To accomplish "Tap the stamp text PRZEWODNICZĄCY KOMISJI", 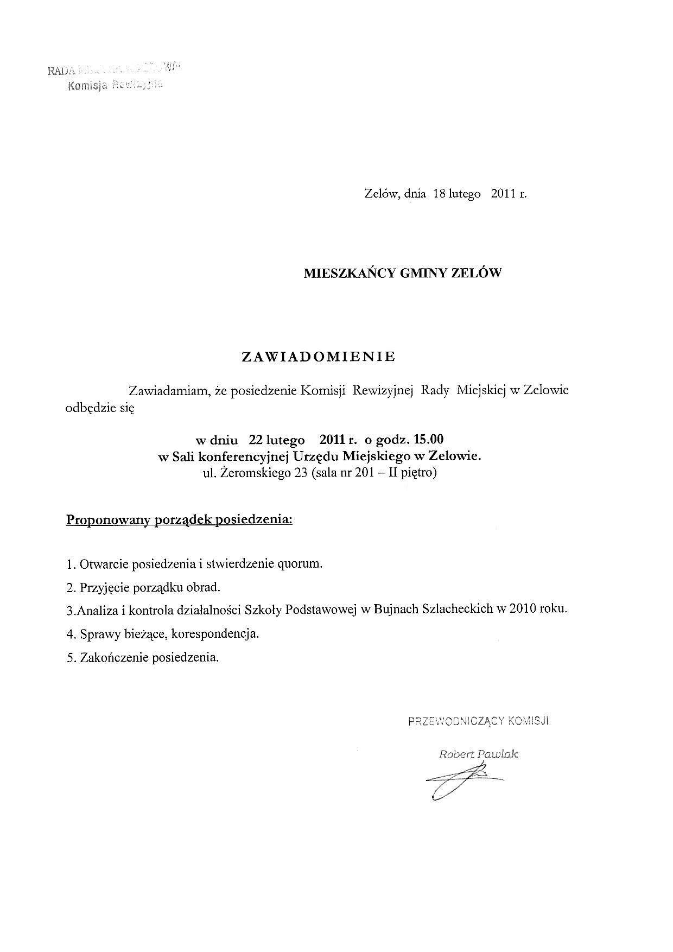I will point(479,721).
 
